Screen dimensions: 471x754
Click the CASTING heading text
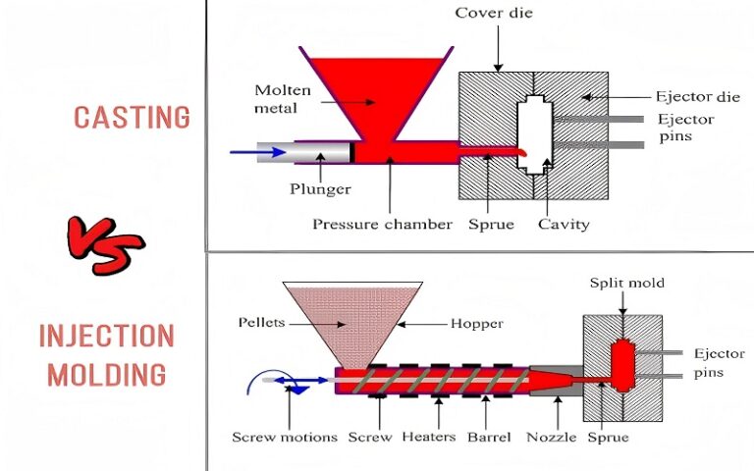(x=132, y=118)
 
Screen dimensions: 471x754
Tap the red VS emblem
(x=105, y=243)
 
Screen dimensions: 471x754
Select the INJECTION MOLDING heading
(x=107, y=354)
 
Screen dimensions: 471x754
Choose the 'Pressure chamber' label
(x=382, y=224)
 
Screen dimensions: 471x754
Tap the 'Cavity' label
(x=564, y=224)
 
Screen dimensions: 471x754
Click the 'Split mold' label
(x=626, y=284)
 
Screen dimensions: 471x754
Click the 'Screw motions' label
(x=285, y=437)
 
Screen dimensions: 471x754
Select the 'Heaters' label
(x=428, y=437)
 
